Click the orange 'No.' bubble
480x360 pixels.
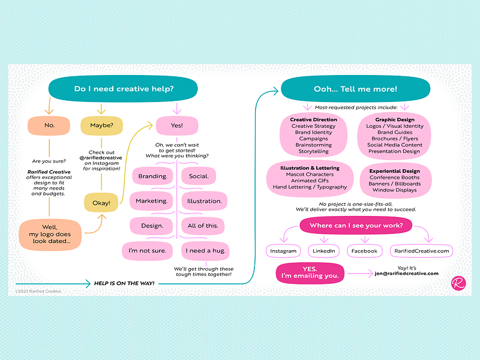[x=49, y=125]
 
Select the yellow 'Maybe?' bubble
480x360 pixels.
[x=101, y=125]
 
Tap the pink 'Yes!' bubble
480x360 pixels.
[x=177, y=125]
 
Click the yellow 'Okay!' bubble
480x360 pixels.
[x=101, y=203]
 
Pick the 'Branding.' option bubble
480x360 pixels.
[x=153, y=176]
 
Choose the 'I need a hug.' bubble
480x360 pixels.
[x=205, y=251]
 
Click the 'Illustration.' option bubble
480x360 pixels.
[x=205, y=201]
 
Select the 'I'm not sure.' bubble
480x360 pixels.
[x=147, y=251]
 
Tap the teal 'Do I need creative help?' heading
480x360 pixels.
[x=123, y=89]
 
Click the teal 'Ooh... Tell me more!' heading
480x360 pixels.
[x=356, y=89]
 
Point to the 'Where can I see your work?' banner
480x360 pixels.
[x=356, y=226]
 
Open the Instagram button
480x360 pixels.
[x=283, y=251]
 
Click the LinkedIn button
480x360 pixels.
[x=323, y=251]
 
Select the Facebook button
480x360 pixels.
[x=364, y=251]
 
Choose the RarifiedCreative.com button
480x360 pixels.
[x=422, y=251]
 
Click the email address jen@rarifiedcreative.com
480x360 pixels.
[x=407, y=274]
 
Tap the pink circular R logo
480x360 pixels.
[x=458, y=283]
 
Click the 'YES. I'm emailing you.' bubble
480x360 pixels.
[x=310, y=273]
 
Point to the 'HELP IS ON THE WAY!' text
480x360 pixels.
[x=124, y=283]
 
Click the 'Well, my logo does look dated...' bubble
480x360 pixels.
[x=50, y=234]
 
